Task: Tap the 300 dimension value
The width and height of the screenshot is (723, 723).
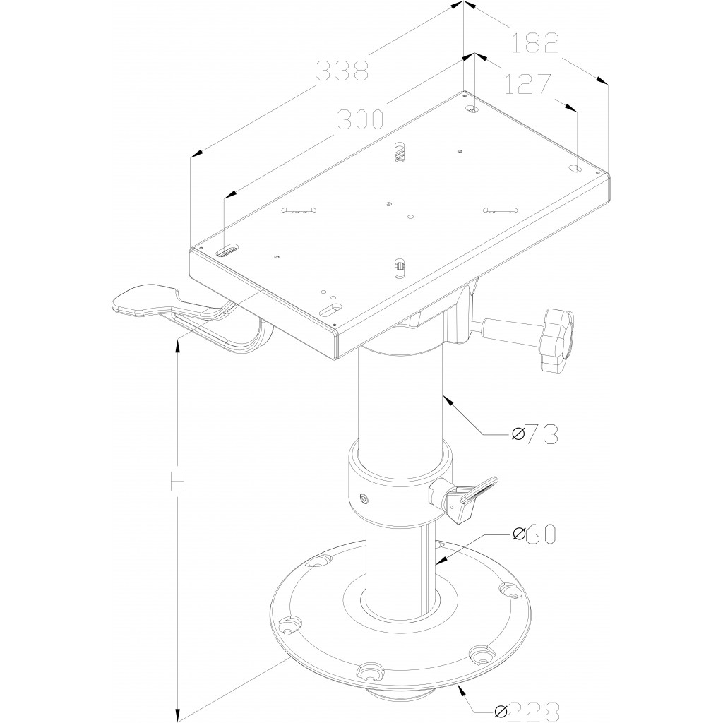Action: [360, 119]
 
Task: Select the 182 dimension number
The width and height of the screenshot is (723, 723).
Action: [535, 43]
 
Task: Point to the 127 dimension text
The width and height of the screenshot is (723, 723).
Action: [528, 83]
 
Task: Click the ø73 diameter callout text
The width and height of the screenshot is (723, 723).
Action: [535, 434]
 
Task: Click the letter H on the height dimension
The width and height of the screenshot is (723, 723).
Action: [177, 481]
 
